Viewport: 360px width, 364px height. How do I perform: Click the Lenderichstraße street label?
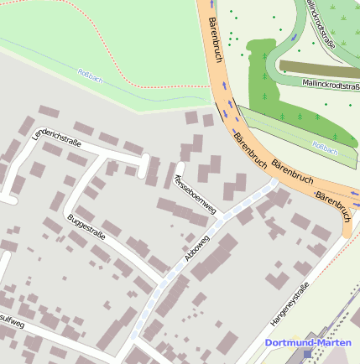(x=56, y=134)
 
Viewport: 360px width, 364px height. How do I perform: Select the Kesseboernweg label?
(x=195, y=193)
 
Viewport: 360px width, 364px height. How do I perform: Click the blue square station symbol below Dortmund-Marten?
(x=307, y=354)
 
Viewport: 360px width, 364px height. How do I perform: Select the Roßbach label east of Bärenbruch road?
(x=325, y=148)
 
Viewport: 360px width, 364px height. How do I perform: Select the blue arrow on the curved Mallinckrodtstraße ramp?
(x=293, y=38)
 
